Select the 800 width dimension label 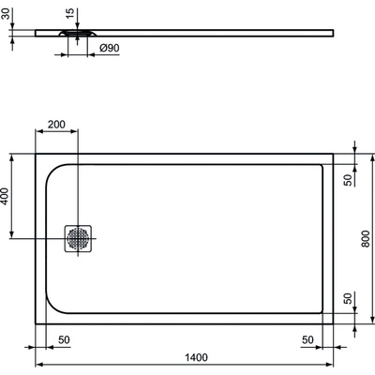365,239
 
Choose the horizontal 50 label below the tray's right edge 307,339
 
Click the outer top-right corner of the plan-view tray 333,154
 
